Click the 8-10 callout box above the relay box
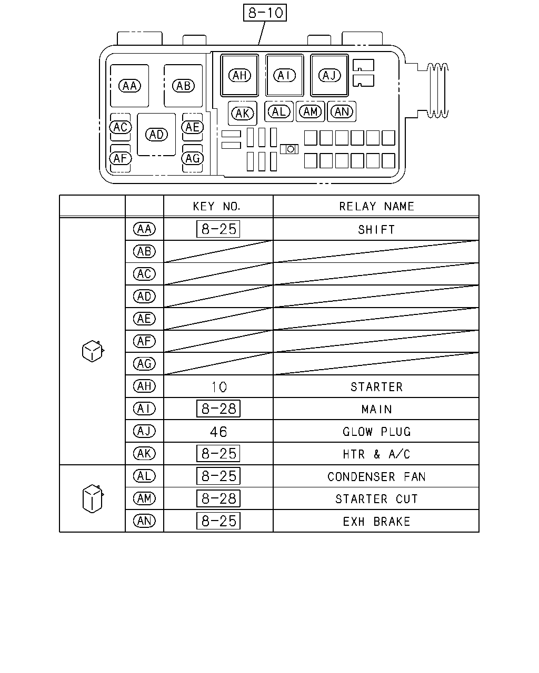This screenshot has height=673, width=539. [265, 13]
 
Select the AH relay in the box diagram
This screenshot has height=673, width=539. [239, 75]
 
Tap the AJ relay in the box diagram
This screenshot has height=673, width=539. [330, 75]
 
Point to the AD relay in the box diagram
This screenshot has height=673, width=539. [156, 135]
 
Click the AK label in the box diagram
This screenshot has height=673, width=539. [243, 113]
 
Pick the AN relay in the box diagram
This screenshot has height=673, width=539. [342, 111]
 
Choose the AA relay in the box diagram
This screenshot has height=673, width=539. [129, 86]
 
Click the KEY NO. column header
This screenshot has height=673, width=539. [216, 207]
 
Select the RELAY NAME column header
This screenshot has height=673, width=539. [377, 207]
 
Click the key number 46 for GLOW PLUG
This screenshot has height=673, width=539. [218, 432]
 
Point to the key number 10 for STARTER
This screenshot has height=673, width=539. [219, 387]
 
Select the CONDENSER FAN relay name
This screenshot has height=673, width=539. [376, 477]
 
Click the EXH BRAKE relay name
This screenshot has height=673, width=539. [376, 522]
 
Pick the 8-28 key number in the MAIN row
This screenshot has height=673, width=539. [218, 409]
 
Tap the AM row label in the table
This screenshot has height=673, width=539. [144, 498]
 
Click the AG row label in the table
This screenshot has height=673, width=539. [144, 364]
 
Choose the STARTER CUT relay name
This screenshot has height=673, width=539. [376, 499]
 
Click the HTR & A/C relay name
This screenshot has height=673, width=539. [376, 454]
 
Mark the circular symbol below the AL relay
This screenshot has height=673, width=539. [291, 149]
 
